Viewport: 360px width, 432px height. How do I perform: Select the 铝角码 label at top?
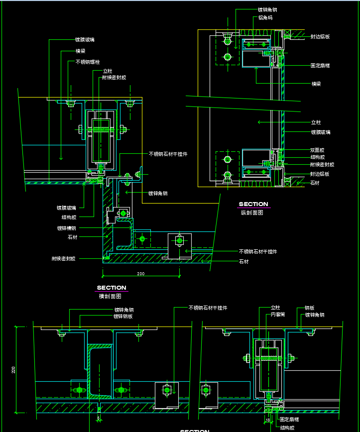[265, 18]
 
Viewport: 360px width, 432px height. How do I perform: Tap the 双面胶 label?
[317, 150]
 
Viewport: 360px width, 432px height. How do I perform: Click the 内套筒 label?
[278, 315]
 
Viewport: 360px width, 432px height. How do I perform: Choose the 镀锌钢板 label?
[123, 317]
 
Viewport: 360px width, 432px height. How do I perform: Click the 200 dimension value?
[141, 274]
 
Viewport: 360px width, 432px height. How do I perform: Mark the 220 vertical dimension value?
[13, 370]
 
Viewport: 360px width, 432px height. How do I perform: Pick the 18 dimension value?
[267, 420]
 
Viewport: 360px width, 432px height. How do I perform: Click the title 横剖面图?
[110, 296]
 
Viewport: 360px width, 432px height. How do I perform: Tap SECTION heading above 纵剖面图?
[253, 204]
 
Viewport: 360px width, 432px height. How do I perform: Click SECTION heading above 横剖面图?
[112, 288]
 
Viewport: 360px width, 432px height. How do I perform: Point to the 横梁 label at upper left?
[80, 51]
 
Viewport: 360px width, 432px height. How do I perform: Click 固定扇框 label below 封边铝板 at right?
[320, 65]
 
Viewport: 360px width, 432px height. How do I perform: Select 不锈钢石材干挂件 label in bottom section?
[208, 308]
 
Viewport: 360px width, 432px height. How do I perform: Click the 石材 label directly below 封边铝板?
[315, 183]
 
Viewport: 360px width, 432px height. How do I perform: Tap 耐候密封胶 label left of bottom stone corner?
[63, 259]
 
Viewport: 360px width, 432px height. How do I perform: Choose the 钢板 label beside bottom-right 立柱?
[309, 308]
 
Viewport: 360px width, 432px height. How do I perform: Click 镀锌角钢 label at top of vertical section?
[267, 9]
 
